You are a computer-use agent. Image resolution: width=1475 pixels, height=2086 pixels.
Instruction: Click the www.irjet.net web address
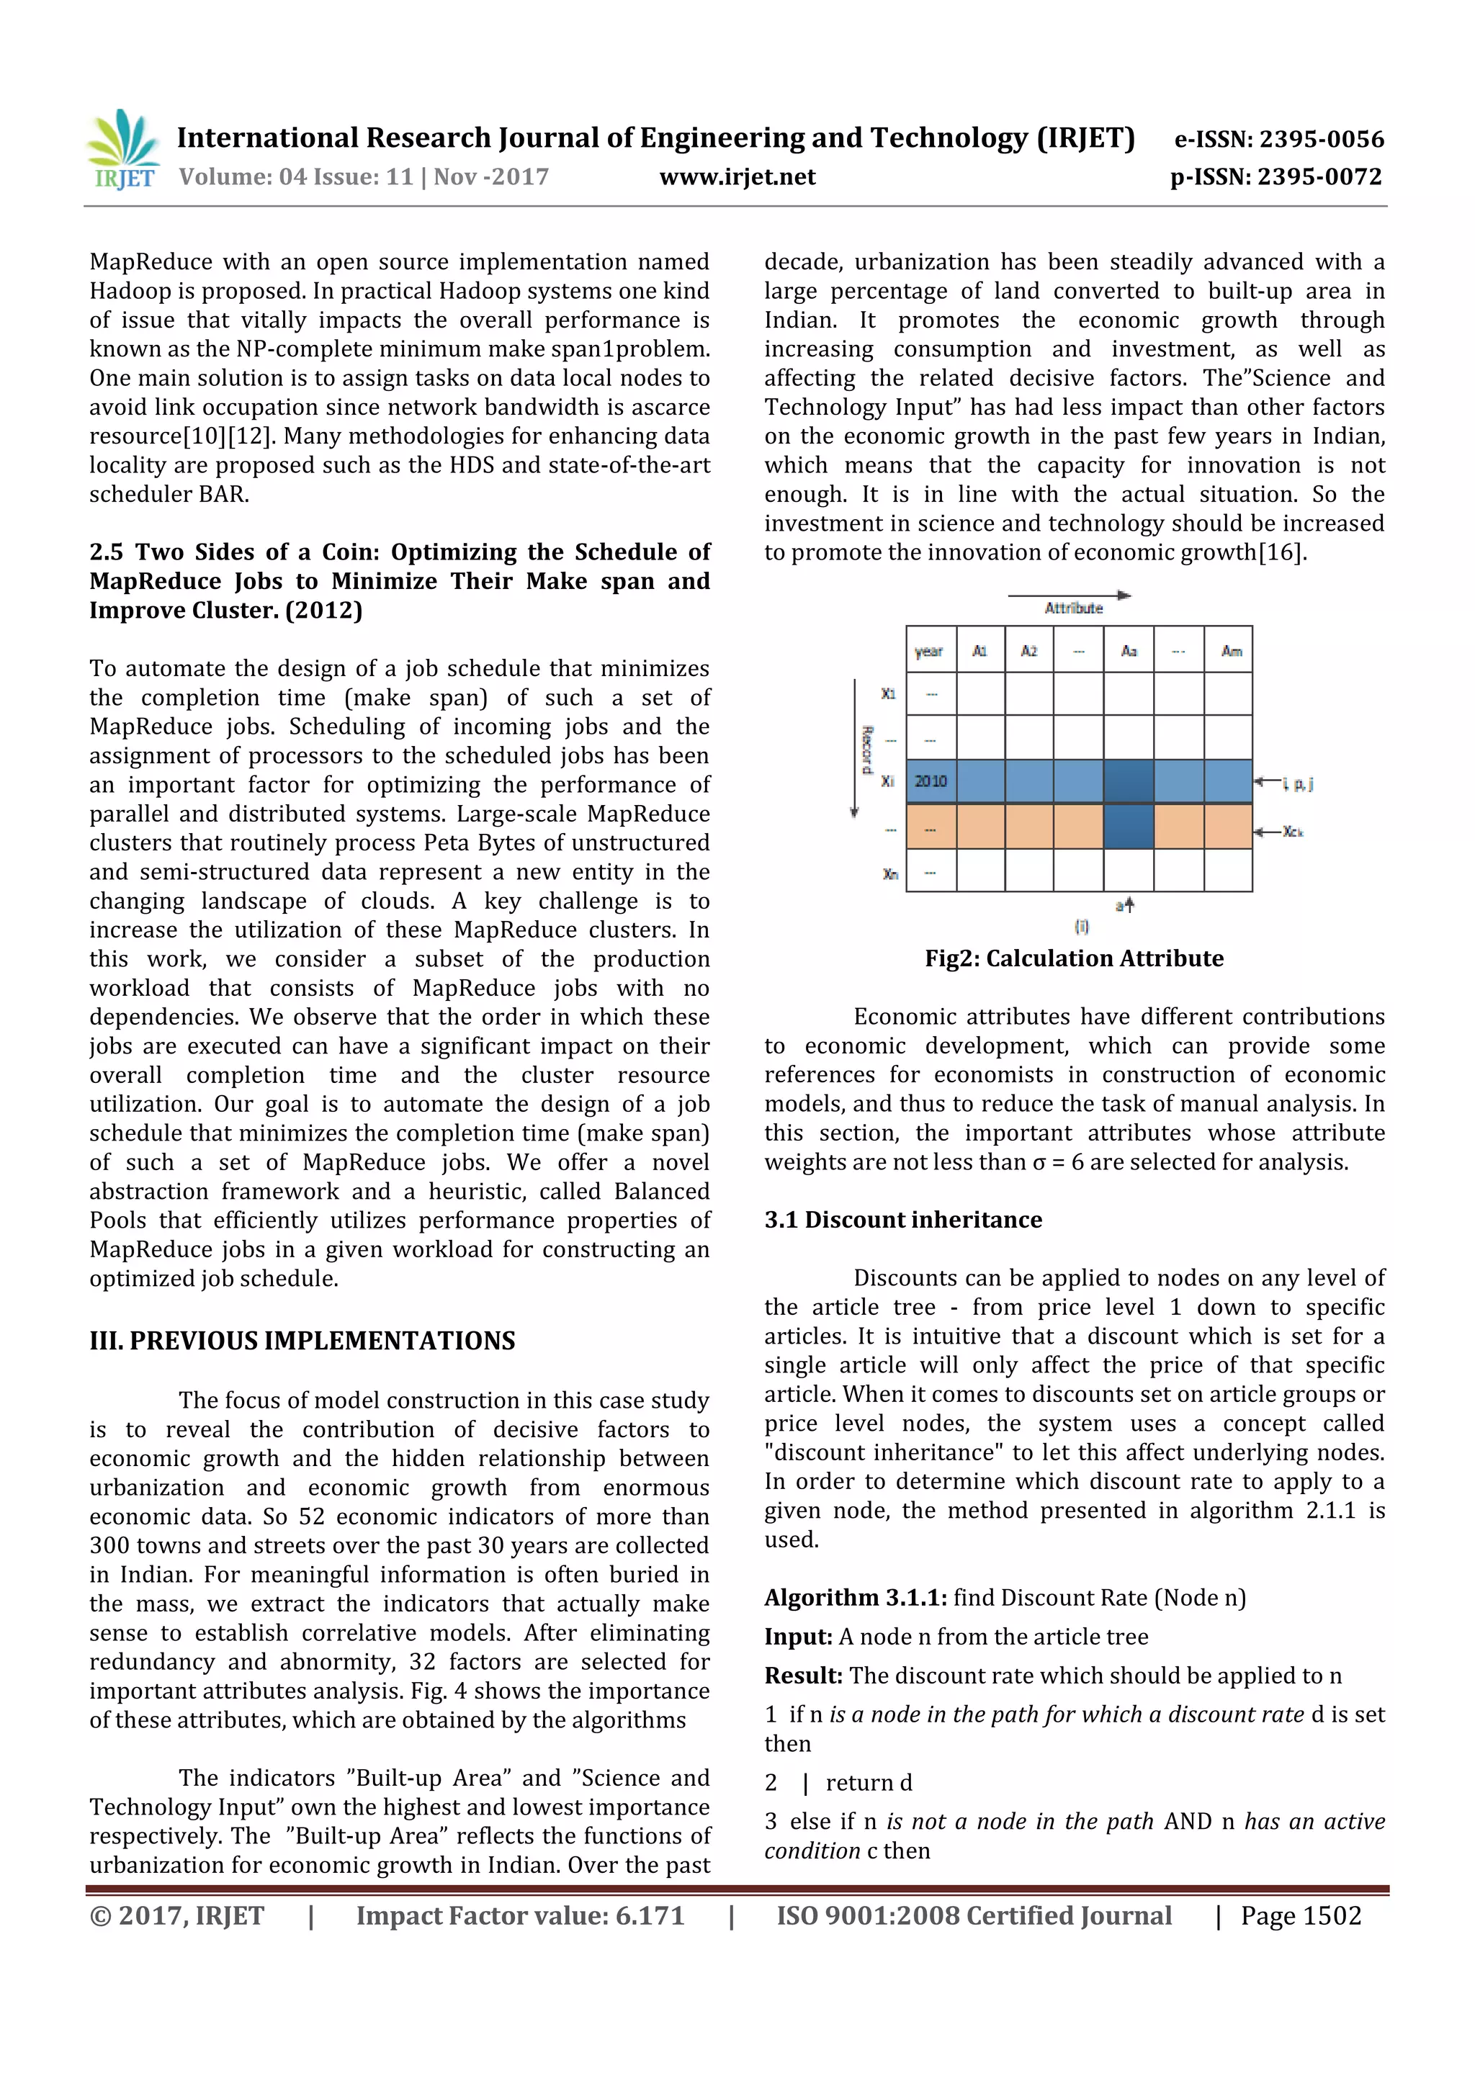[x=737, y=176]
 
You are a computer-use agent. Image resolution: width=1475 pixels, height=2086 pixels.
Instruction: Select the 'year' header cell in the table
[x=929, y=650]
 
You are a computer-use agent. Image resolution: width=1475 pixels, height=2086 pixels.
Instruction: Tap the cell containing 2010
[x=931, y=781]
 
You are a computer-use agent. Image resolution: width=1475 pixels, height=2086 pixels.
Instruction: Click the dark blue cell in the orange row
[x=1128, y=826]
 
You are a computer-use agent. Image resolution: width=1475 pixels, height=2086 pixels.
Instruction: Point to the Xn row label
[x=889, y=874]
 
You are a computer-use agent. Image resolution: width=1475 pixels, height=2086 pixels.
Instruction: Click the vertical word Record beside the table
[x=867, y=750]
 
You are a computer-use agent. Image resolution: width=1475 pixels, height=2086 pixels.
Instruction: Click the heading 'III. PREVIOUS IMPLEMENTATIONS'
[x=302, y=1341]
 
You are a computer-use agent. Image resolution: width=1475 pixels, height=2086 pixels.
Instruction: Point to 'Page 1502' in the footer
[x=1301, y=1916]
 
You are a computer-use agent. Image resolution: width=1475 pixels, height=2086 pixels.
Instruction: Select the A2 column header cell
[x=1028, y=650]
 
